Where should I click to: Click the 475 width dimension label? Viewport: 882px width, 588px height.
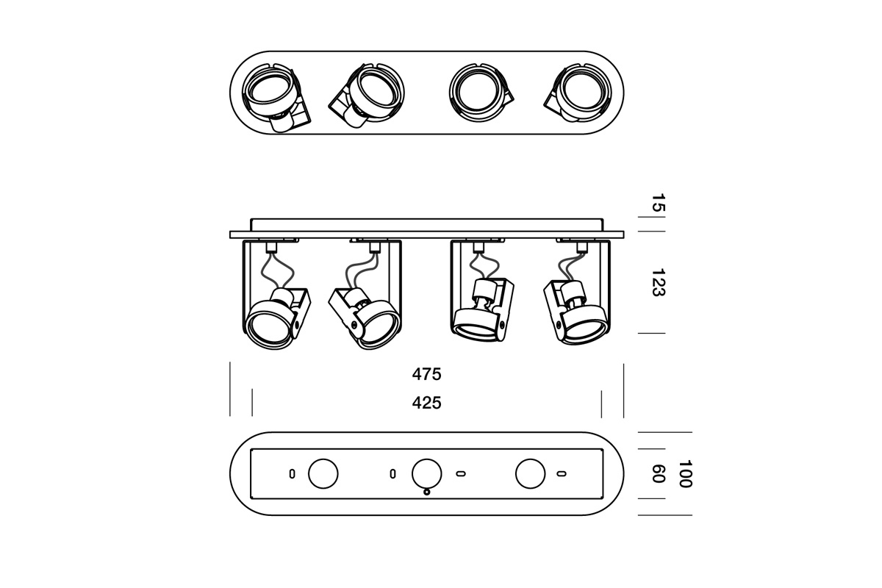[x=426, y=374]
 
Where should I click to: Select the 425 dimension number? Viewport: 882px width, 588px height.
[x=426, y=403]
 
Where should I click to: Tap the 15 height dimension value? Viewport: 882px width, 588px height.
[x=658, y=204]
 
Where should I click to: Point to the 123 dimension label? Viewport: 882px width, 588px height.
[x=658, y=282]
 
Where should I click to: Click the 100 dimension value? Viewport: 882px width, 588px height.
[x=685, y=474]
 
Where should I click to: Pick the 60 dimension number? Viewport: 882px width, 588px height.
[x=658, y=474]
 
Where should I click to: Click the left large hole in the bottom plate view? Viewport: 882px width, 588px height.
[x=323, y=473]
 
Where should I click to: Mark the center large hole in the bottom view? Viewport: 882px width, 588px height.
[x=427, y=473]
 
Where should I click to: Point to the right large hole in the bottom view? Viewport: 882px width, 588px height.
[x=531, y=473]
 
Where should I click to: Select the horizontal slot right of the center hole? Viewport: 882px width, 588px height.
[x=461, y=473]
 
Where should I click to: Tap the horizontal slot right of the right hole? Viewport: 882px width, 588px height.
[x=562, y=473]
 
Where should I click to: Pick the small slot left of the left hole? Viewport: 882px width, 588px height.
[x=292, y=473]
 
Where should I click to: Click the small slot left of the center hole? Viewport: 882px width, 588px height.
[x=393, y=473]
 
